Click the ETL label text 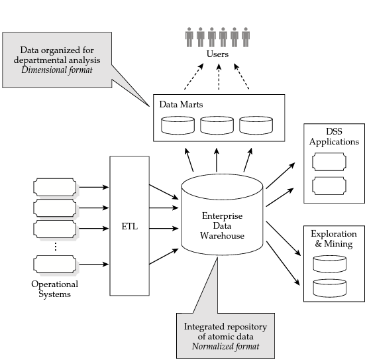click(x=129, y=226)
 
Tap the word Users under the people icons click(x=217, y=54)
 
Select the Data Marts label click(x=181, y=105)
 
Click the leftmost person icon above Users click(x=189, y=37)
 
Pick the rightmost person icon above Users click(x=246, y=37)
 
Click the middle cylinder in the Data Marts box click(x=217, y=125)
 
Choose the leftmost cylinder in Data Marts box click(x=178, y=125)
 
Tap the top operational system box click(x=55, y=187)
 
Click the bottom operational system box click(x=55, y=265)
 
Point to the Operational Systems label click(x=54, y=289)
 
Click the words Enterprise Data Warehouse click(x=222, y=226)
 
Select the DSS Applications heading click(x=334, y=137)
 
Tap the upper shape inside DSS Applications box click(x=329, y=162)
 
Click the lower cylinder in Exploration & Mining click(x=329, y=288)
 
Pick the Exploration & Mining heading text click(x=334, y=239)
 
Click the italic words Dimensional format click(x=57, y=70)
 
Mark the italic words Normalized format click(x=225, y=347)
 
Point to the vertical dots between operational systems click(x=56, y=247)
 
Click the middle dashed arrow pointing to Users click(x=219, y=77)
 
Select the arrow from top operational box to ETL click(x=94, y=187)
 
